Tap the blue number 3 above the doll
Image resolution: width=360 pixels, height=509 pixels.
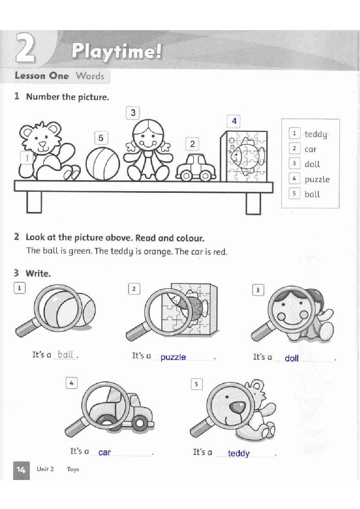click(133, 113)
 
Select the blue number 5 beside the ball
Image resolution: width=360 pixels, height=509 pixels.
click(101, 138)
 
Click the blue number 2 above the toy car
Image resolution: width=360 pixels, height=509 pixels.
click(192, 144)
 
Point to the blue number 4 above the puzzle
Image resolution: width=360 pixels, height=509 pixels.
click(234, 121)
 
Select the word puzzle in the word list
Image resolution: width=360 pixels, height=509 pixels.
click(317, 180)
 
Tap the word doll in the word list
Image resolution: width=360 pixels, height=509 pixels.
click(312, 164)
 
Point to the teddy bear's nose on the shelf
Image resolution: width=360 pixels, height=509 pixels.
click(42, 144)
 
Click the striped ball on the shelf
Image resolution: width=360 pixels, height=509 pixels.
click(103, 164)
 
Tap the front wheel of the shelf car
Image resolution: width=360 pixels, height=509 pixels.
click(186, 176)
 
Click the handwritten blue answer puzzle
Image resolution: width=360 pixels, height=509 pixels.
click(173, 357)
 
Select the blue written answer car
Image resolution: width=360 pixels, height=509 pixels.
click(105, 452)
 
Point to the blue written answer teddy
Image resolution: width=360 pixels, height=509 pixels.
click(239, 453)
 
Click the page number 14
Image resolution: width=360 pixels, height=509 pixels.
click(21, 469)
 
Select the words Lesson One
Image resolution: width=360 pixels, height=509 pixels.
click(42, 76)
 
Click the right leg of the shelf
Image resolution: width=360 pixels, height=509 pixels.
click(253, 204)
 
